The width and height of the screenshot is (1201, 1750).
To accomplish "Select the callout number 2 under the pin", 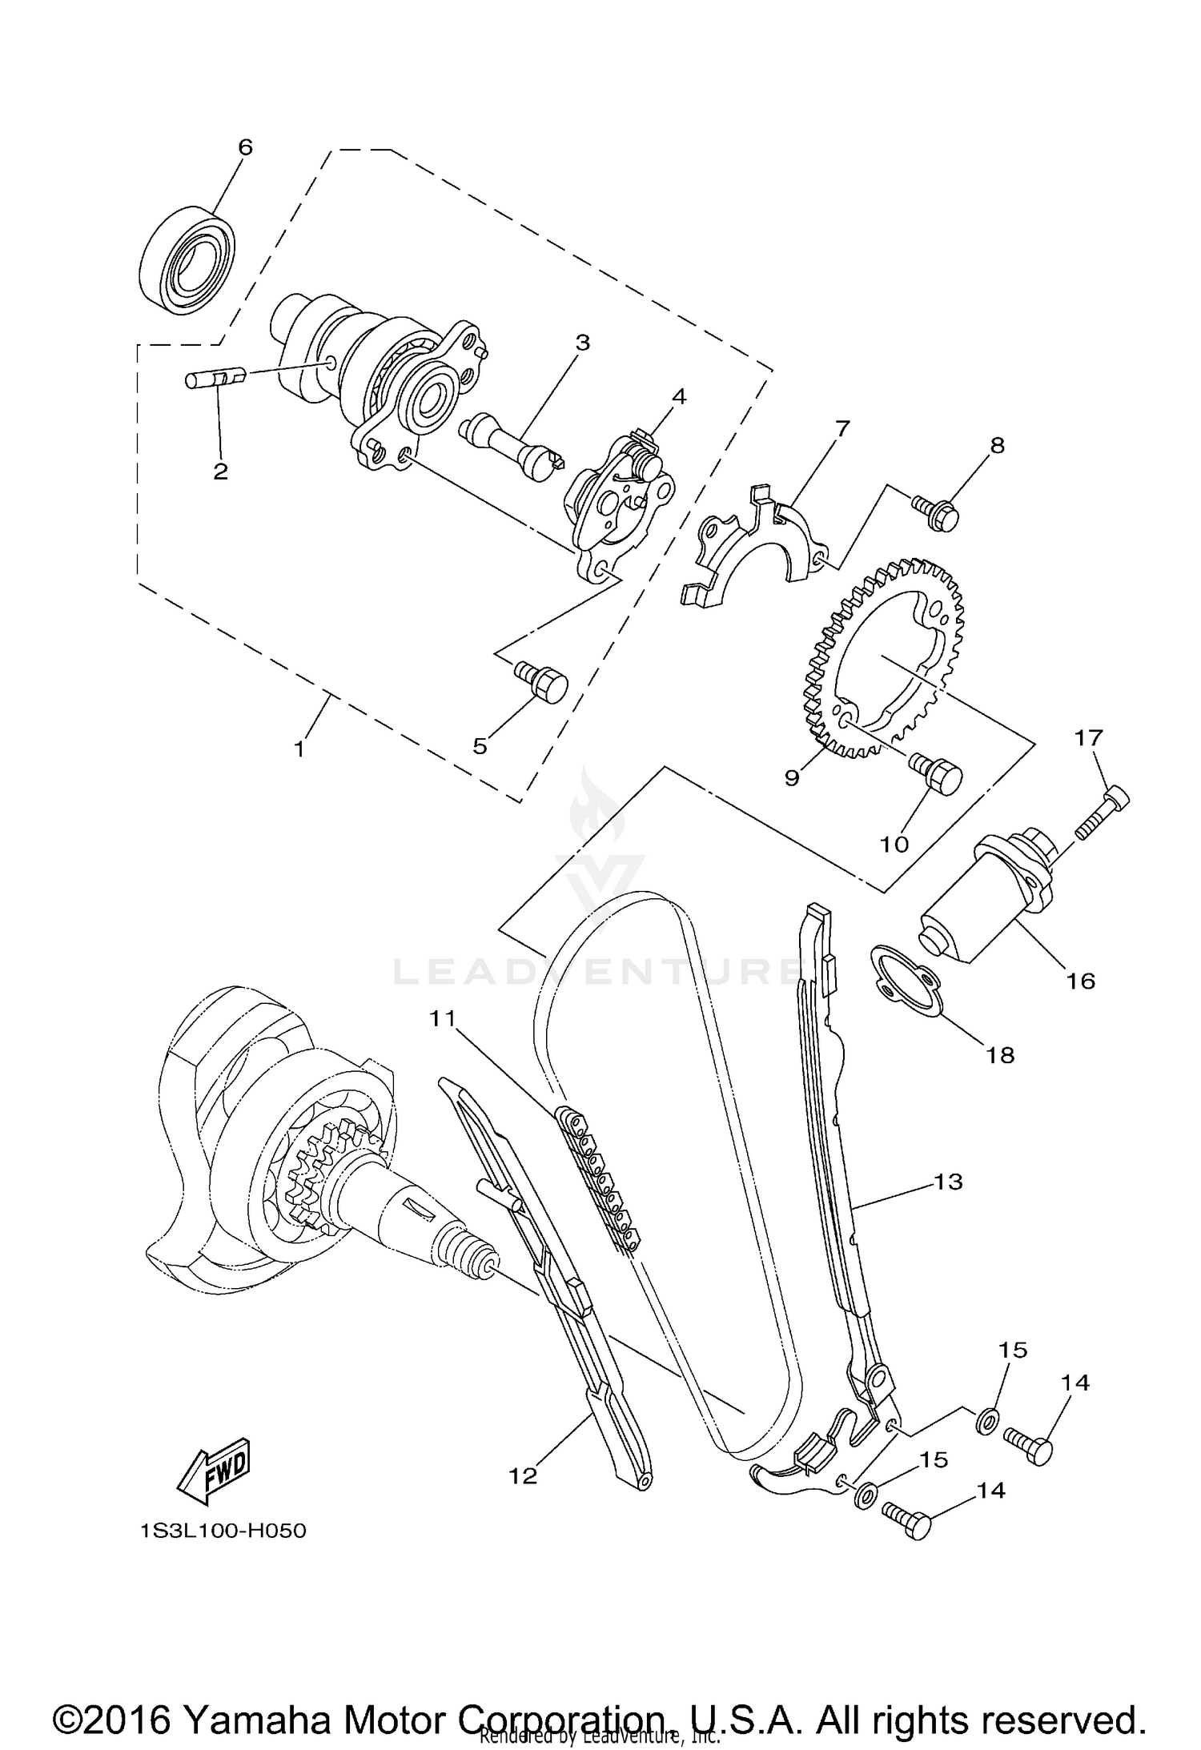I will pyautogui.click(x=220, y=472).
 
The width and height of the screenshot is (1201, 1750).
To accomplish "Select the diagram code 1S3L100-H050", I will pyautogui.click(x=223, y=1531).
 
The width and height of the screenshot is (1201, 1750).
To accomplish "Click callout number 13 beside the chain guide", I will pyautogui.click(x=948, y=1181).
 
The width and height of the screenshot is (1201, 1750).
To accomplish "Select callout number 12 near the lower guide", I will pyautogui.click(x=523, y=1475).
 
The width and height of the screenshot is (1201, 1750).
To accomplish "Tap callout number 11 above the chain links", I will pyautogui.click(x=441, y=1018).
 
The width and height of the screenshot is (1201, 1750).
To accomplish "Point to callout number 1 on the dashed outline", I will pyautogui.click(x=299, y=749).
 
